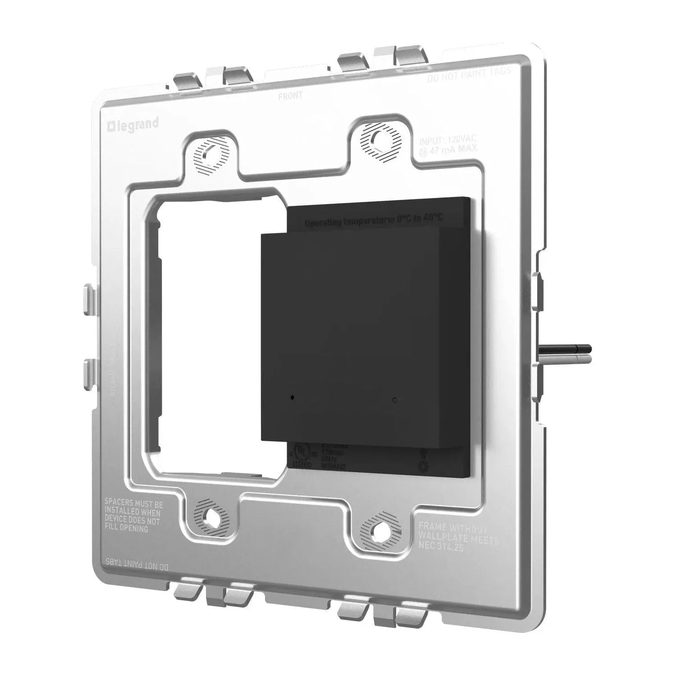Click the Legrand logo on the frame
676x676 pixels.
[x=133, y=124]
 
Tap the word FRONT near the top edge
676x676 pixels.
[x=290, y=96]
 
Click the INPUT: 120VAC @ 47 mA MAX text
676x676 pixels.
[x=442, y=145]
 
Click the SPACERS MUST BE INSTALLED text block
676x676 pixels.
[x=133, y=514]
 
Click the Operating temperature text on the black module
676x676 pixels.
[x=374, y=220]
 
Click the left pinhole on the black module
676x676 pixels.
[x=292, y=397]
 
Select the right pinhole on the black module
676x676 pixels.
[x=395, y=399]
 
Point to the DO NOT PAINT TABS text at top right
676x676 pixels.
[x=469, y=74]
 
